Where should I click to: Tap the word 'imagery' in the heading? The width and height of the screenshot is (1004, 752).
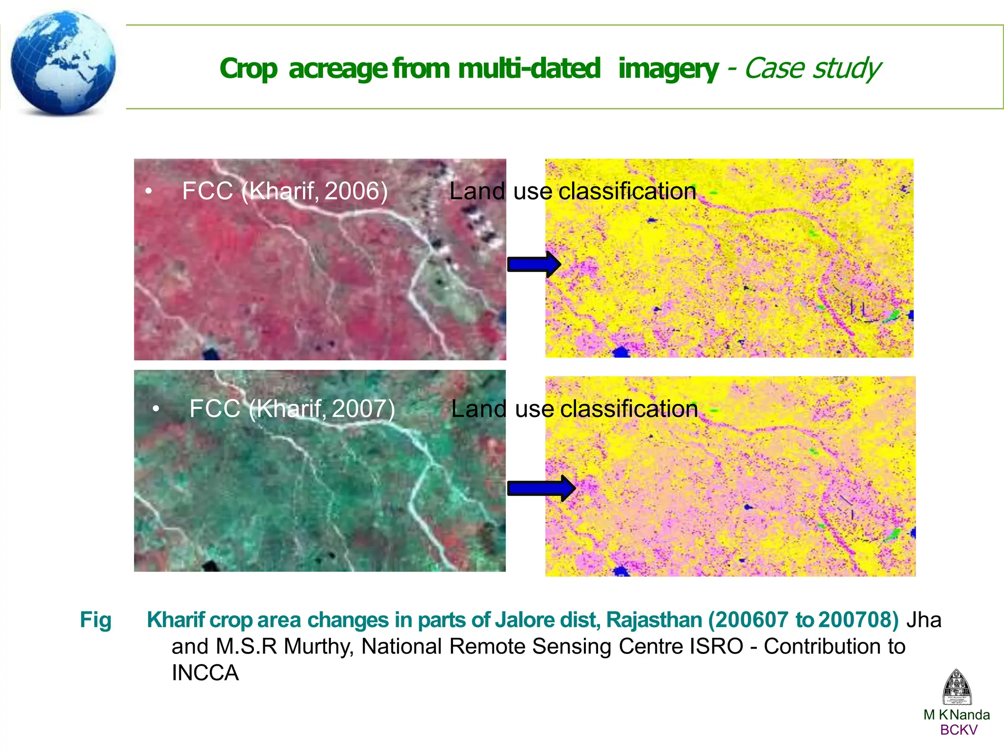click(668, 69)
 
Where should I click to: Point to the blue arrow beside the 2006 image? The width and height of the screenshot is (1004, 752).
click(533, 265)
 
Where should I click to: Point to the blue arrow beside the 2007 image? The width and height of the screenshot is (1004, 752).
click(541, 488)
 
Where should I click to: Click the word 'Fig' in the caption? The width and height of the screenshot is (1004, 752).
click(96, 620)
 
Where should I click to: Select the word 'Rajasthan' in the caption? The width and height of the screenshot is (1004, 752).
click(654, 620)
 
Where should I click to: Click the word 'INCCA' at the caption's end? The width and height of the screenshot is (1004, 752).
click(205, 673)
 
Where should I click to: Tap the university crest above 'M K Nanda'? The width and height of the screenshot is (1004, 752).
click(956, 687)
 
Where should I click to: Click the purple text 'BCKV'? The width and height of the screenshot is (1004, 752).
click(958, 730)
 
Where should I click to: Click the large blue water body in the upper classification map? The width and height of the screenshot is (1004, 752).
click(621, 352)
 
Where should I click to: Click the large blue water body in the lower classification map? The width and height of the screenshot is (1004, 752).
click(621, 571)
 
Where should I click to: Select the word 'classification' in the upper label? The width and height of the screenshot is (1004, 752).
click(627, 191)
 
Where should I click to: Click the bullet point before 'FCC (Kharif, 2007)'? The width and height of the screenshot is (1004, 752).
click(156, 408)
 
